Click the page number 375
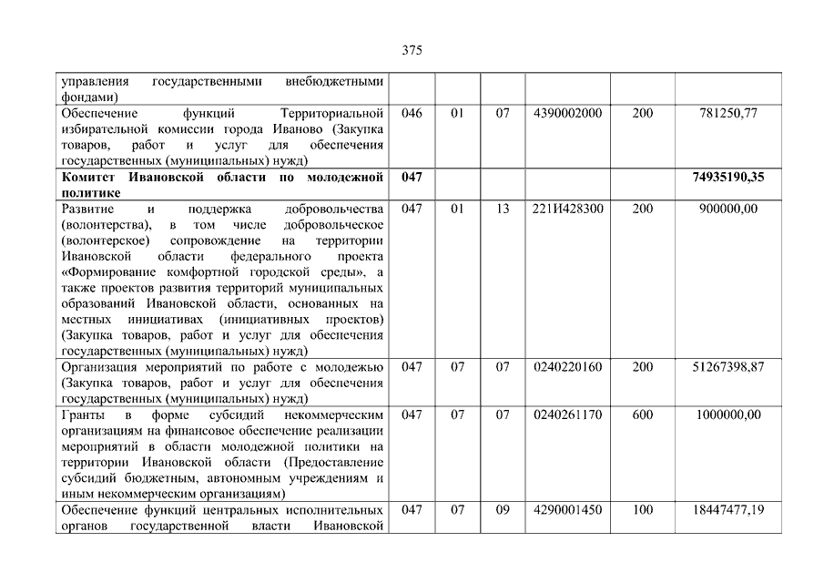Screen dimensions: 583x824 coord(412,51)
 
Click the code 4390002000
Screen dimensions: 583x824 coord(568,113)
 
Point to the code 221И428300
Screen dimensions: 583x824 coord(568,209)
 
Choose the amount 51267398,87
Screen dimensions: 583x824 coord(726,367)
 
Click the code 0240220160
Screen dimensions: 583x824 coord(568,367)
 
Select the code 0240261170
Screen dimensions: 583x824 coord(568,414)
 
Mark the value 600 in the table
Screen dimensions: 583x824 coord(642,414)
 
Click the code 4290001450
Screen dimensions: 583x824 coord(568,509)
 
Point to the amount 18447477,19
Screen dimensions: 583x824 coord(726,509)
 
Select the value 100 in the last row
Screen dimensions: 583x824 coord(642,509)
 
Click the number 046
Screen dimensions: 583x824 coord(412,113)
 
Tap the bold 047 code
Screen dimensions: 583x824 coord(412,177)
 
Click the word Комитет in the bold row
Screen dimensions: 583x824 coord(86,177)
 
